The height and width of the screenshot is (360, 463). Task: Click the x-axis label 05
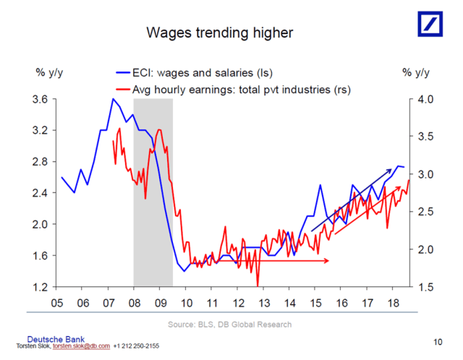pyautogui.click(x=57, y=303)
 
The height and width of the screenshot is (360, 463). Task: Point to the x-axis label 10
pyautogui.click(x=186, y=303)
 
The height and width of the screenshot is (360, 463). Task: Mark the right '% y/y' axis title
pyautogui.click(x=416, y=72)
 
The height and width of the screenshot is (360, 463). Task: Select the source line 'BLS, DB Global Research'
pyautogui.click(x=230, y=325)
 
